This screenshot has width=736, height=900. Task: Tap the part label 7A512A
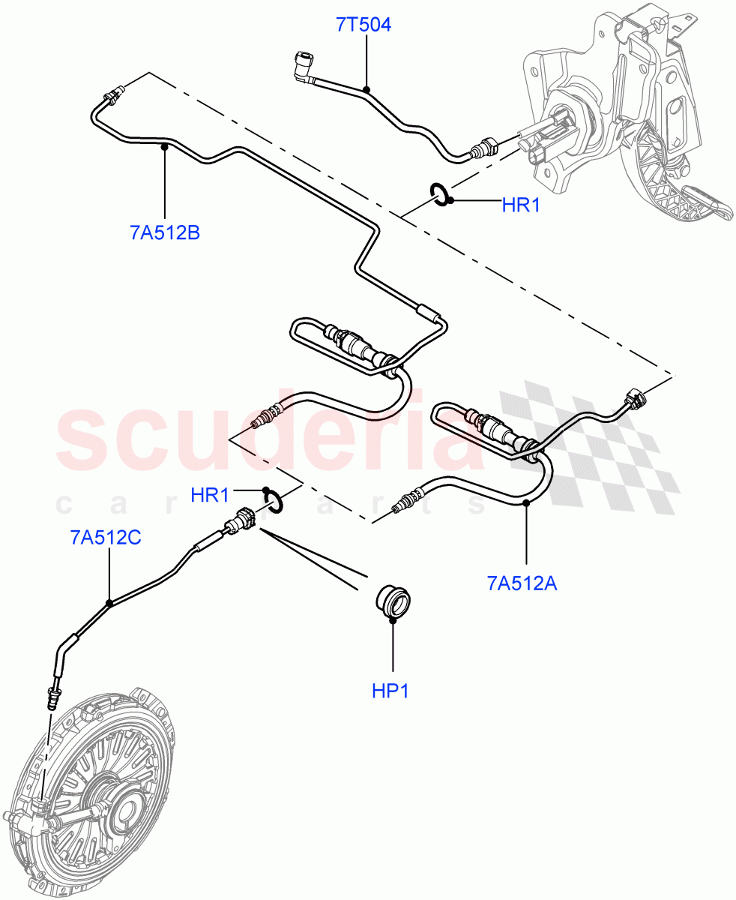[522, 582]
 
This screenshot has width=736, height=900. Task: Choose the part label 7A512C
[106, 538]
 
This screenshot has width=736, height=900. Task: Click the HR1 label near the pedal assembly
[521, 204]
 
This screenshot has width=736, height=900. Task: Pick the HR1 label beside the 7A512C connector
[209, 495]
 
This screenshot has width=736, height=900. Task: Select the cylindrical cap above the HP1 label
[392, 598]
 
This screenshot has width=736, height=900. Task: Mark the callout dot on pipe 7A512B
[164, 148]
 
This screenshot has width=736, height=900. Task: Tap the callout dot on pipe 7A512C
[109, 602]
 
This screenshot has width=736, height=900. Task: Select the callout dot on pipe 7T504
[367, 90]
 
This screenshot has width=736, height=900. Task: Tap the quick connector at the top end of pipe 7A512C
[241, 520]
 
